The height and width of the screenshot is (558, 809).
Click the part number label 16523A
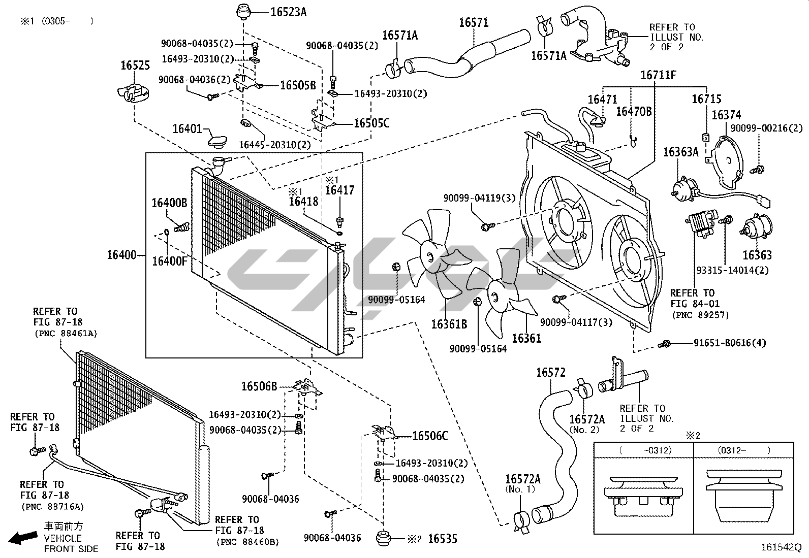click(x=288, y=12)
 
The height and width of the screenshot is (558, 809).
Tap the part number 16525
click(x=135, y=65)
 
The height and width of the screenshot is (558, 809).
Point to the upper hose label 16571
click(x=474, y=22)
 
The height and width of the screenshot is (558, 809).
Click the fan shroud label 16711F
click(x=658, y=76)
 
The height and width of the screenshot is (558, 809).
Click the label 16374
click(x=726, y=116)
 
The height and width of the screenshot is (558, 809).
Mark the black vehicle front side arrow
click(x=23, y=537)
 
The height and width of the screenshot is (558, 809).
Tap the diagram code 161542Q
click(x=781, y=548)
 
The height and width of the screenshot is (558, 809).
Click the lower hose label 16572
click(x=551, y=373)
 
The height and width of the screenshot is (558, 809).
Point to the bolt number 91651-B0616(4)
click(x=729, y=343)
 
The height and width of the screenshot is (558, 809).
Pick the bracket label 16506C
click(x=430, y=436)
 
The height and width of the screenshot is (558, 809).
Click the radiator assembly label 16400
click(x=121, y=254)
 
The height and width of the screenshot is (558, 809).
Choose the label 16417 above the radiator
click(x=339, y=190)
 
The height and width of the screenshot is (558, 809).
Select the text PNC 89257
click(x=700, y=315)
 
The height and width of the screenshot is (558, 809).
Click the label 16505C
click(x=371, y=123)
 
